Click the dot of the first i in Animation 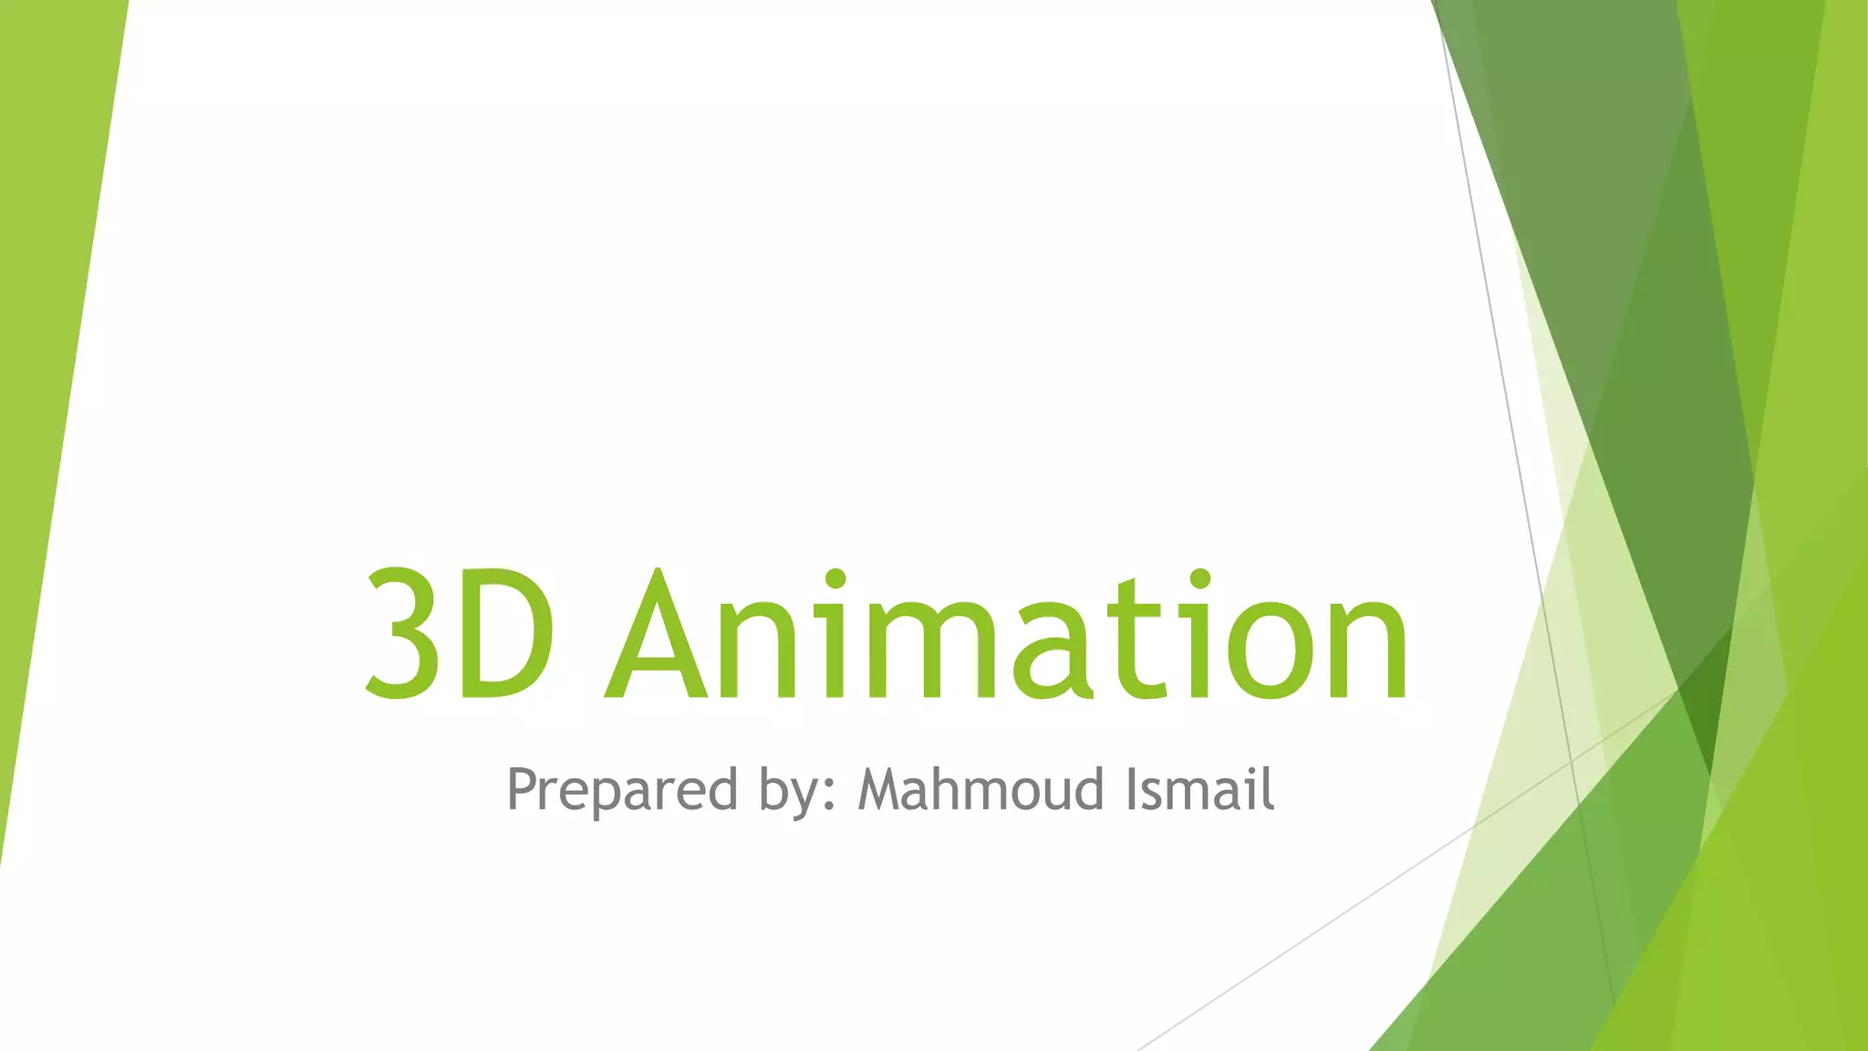click(835, 579)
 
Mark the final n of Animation click(1365, 650)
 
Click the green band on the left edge click(46, 365)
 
